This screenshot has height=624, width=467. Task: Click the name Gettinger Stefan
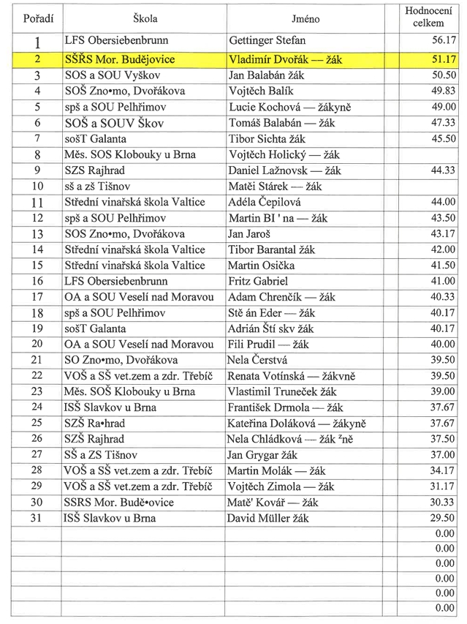267,41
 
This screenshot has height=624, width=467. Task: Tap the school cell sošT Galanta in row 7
96,138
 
